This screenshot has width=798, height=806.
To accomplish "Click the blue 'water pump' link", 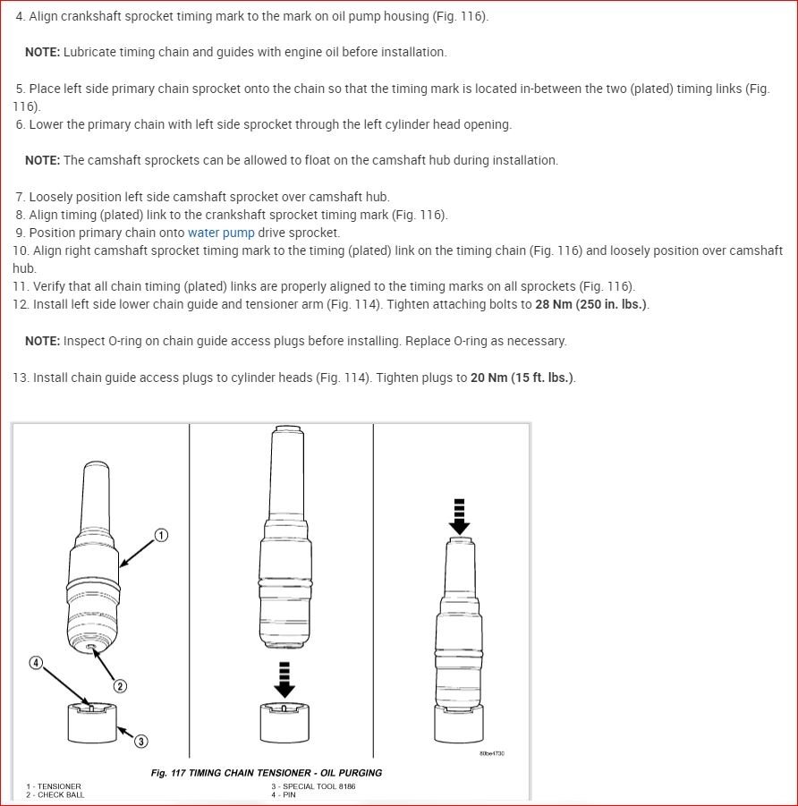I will [x=221, y=233].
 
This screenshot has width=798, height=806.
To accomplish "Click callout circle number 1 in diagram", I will [x=161, y=535].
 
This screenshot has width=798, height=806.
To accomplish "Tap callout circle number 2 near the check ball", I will [x=119, y=686].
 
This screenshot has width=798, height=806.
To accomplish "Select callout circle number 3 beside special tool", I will [x=141, y=741].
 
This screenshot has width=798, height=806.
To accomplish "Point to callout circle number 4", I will [x=36, y=663].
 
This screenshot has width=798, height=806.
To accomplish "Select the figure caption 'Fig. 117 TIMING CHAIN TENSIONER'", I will [x=267, y=773].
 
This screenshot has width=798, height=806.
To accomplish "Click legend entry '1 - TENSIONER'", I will [x=54, y=786].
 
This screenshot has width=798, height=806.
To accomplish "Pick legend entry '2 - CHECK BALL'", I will [x=56, y=794].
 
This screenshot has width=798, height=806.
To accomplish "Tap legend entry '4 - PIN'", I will [x=284, y=794].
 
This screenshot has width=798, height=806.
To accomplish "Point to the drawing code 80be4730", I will [x=492, y=753].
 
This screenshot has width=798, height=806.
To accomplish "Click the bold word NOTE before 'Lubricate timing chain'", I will [x=42, y=52].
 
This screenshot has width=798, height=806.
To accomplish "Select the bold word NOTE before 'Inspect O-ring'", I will [x=42, y=341].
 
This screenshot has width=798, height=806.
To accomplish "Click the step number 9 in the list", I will [x=20, y=233].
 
